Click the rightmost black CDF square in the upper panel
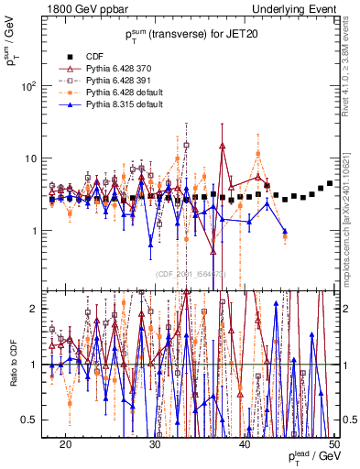pyautogui.click(x=330, y=184)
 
